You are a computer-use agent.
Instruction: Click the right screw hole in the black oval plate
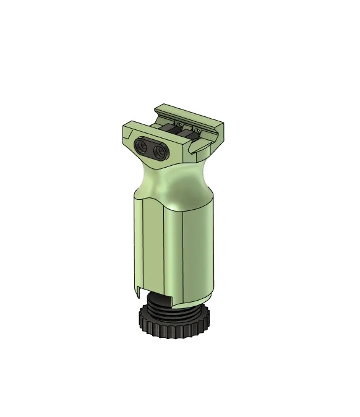click(x=161, y=150)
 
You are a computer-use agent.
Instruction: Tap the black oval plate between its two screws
click(x=152, y=148)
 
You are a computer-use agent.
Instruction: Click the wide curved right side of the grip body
click(x=201, y=247)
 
